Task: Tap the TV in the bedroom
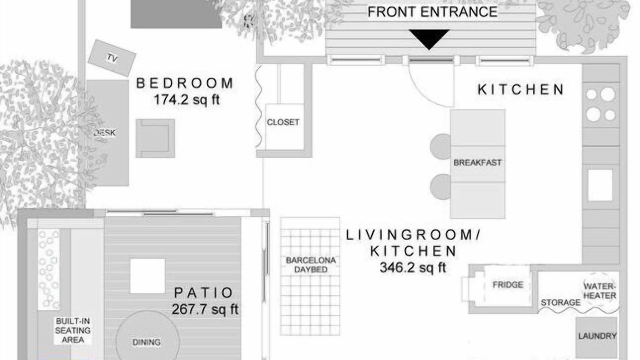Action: click(x=111, y=58)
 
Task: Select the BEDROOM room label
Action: click(x=185, y=83)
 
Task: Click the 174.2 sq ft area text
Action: click(x=186, y=100)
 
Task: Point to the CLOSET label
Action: click(x=283, y=122)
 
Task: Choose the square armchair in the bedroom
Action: click(x=155, y=138)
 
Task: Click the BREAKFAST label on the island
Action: click(x=477, y=162)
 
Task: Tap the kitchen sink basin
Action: click(x=600, y=185)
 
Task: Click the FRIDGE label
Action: click(x=508, y=285)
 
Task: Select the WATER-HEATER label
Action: click(x=599, y=291)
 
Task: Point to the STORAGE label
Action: click(x=560, y=302)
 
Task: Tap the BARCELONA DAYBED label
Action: click(x=311, y=265)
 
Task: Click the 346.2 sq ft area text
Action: click(x=413, y=267)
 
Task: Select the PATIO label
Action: click(x=203, y=293)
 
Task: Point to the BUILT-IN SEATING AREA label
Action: click(x=73, y=330)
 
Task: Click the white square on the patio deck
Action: click(x=147, y=276)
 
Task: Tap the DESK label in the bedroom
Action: click(x=105, y=133)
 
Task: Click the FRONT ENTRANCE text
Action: click(x=432, y=12)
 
